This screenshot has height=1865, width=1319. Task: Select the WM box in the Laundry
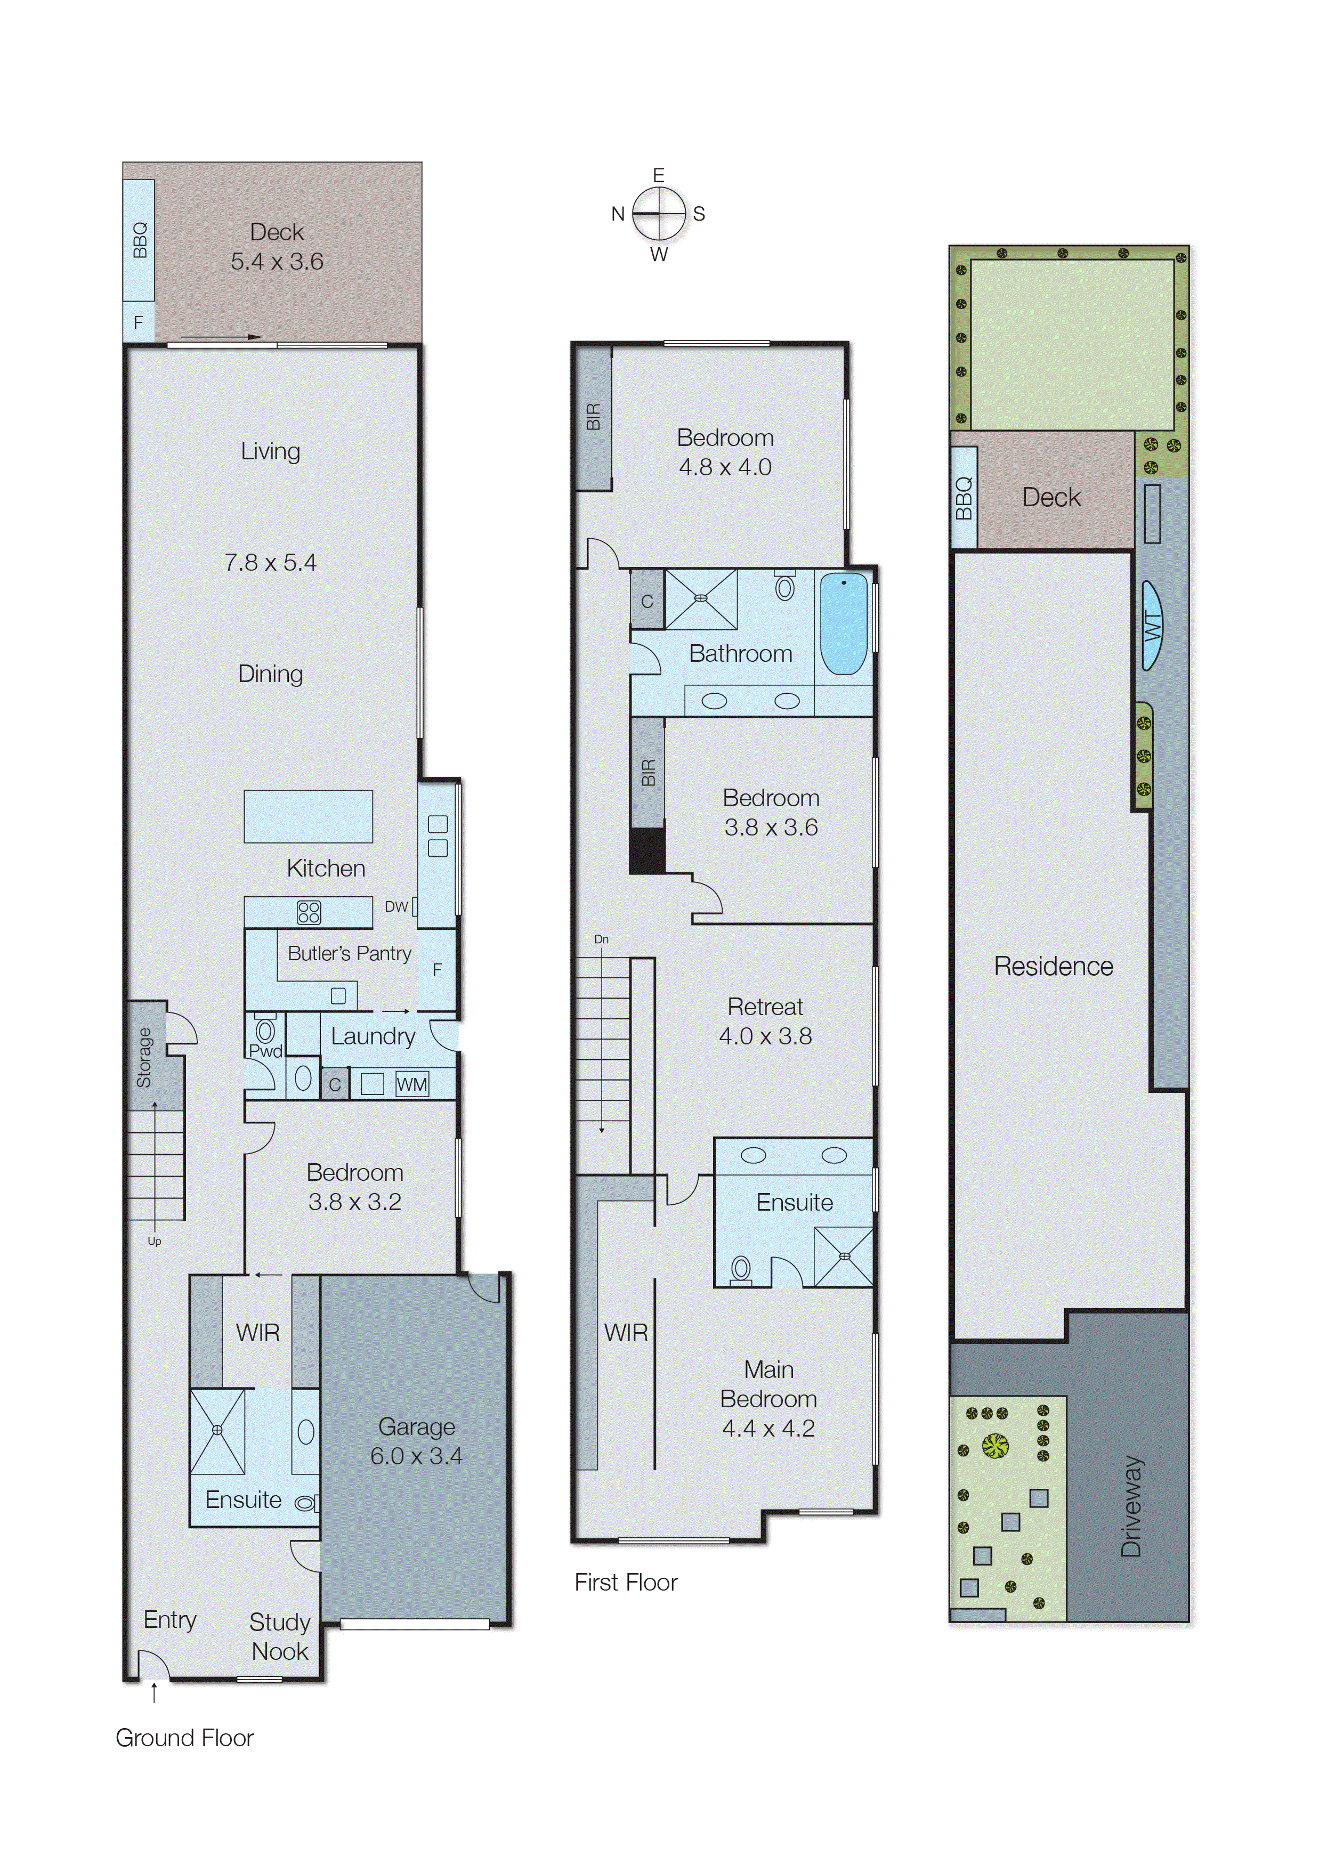tap(412, 1084)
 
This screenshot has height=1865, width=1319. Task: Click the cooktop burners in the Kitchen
tap(309, 912)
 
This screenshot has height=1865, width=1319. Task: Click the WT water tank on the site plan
tap(1153, 625)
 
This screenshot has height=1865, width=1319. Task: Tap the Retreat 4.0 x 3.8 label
tap(765, 1021)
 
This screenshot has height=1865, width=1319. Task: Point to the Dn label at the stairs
tap(601, 939)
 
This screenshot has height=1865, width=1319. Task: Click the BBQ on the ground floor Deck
tap(140, 240)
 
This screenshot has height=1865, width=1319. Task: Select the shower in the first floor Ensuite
tap(844, 1256)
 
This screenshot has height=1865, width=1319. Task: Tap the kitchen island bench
tap(309, 815)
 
